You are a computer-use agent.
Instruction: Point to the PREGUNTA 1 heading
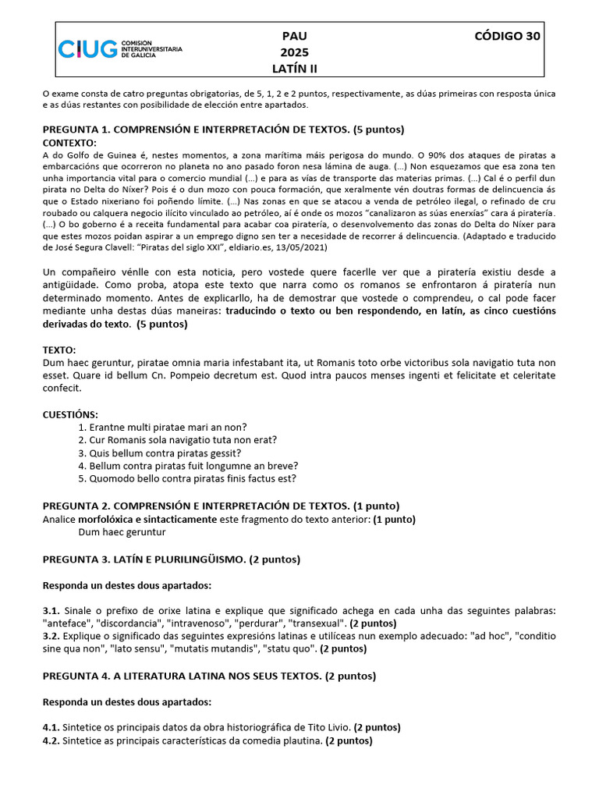pyautogui.click(x=223, y=130)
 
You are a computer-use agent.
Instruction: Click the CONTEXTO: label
pyautogui.click(x=69, y=143)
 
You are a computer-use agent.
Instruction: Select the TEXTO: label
pyautogui.click(x=59, y=350)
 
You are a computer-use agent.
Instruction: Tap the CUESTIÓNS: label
pyautogui.click(x=70, y=414)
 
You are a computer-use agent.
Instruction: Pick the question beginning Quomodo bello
pyautogui.click(x=193, y=478)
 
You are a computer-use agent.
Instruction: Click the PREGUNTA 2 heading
pyautogui.click(x=221, y=506)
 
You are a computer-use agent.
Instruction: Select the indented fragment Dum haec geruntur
pyautogui.click(x=122, y=532)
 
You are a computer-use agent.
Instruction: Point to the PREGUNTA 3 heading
pyautogui.click(x=172, y=559)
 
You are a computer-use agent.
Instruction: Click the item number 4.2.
pyautogui.click(x=51, y=740)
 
